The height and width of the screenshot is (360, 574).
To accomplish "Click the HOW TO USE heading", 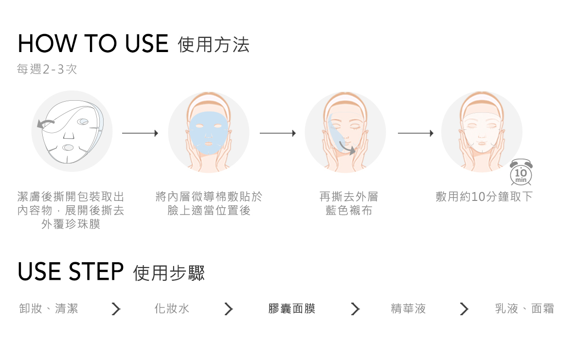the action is click(93, 43).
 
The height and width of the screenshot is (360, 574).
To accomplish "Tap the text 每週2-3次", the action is click(47, 70).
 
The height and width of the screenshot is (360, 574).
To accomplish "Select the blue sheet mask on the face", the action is click(209, 131).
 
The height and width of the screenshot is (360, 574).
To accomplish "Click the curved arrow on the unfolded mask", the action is click(46, 124).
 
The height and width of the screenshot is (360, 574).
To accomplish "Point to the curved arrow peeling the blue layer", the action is click(346, 147).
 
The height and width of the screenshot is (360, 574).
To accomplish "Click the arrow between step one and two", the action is click(140, 133).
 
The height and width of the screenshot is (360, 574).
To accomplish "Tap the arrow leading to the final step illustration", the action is click(415, 133).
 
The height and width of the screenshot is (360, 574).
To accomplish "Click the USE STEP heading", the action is click(71, 271).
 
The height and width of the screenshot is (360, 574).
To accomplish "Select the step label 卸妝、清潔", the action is click(48, 308).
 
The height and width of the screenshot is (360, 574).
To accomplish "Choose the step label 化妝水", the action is click(172, 308).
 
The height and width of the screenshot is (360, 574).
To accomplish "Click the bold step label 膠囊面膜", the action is click(292, 308).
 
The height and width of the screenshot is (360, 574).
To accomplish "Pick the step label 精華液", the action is click(409, 308).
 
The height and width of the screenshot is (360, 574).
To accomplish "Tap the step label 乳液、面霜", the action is click(524, 308).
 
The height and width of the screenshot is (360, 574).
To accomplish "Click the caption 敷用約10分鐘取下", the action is click(484, 197).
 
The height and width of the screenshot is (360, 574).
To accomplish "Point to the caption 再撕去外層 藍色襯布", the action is click(348, 204).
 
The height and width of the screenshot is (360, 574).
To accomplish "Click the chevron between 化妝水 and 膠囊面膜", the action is click(229, 309).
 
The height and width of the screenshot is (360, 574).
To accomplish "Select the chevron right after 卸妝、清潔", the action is click(116, 309).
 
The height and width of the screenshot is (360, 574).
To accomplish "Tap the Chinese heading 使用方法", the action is click(214, 45).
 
